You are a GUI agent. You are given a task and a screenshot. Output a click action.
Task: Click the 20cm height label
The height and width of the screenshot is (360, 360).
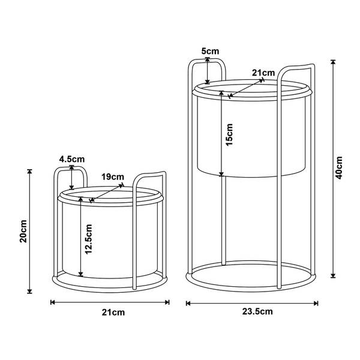pyautogui.click(x=23, y=231)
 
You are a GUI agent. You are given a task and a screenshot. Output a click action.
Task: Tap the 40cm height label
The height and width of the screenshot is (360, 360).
pyautogui.click(x=338, y=168)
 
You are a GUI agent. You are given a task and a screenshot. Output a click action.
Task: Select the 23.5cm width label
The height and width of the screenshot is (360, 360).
pyautogui.click(x=257, y=311)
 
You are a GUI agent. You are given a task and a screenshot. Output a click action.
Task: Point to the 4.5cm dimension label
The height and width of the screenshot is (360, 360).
pyautogui.click(x=72, y=159)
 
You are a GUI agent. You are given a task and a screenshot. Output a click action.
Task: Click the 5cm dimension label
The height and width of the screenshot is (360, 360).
pyautogui.click(x=211, y=51)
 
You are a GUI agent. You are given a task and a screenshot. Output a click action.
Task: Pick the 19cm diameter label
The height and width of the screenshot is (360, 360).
pyautogui.click(x=113, y=177)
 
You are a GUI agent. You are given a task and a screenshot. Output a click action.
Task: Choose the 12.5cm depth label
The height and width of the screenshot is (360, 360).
pyautogui.click(x=88, y=239)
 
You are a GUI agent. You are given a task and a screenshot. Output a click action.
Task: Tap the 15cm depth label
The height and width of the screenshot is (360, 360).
pyautogui.click(x=229, y=135)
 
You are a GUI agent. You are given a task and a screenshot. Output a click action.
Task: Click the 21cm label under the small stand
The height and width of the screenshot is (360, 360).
pyautogui.click(x=113, y=313)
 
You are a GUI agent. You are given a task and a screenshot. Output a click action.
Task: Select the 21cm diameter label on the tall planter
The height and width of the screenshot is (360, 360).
pyautogui.click(x=263, y=73)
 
